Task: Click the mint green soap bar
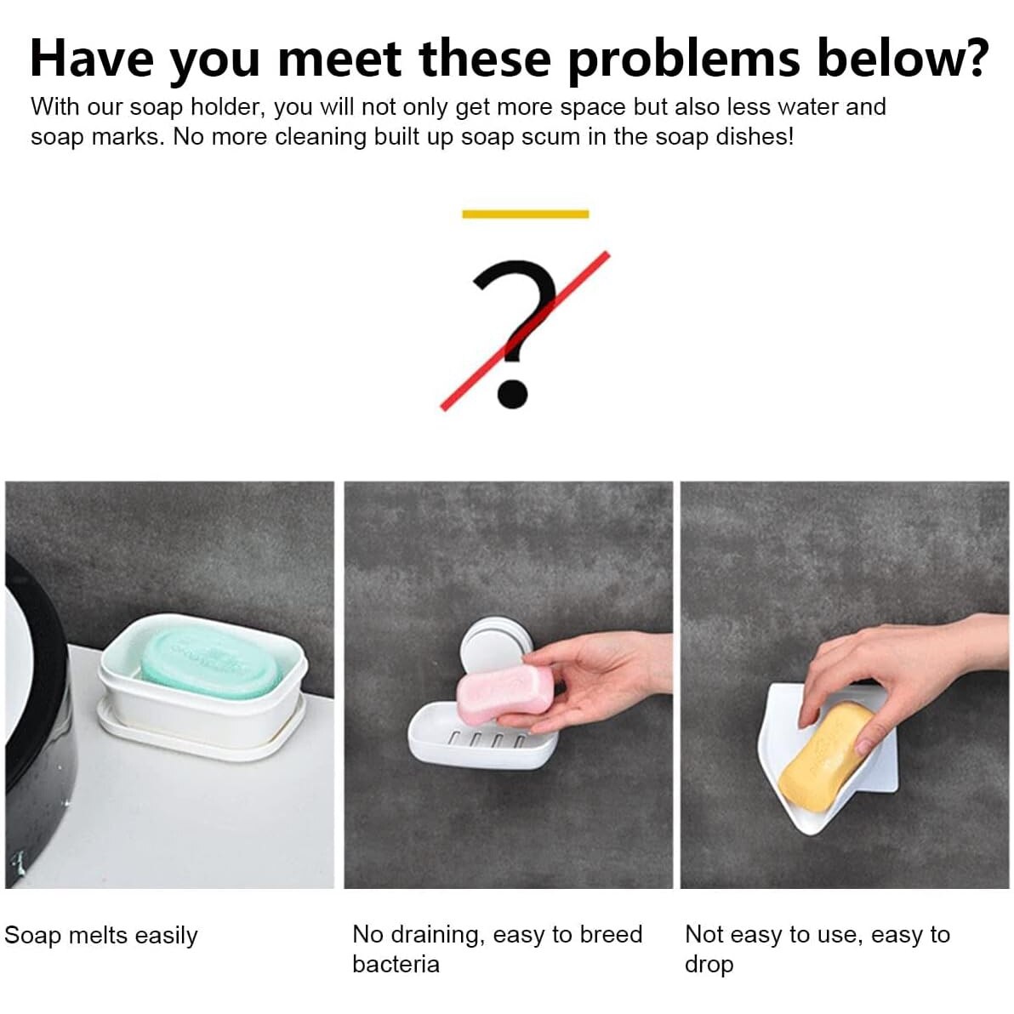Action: (212, 664)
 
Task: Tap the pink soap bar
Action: (505, 694)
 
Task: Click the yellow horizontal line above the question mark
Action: (525, 214)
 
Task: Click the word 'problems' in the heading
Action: (686, 60)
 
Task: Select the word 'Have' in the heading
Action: (91, 59)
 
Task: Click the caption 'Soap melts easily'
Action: (101, 935)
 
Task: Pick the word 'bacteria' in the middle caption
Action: (396, 964)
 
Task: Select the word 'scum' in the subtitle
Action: (547, 137)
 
